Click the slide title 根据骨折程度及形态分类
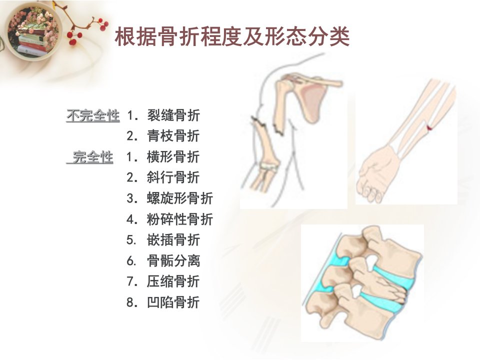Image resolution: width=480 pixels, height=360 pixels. point(232,37)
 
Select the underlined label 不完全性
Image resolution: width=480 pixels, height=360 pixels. point(93,115)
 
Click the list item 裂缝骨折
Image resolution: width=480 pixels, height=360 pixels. point(173,115)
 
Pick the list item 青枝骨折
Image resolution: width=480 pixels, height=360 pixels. point(173,136)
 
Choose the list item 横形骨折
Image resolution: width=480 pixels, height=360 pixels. point(173,156)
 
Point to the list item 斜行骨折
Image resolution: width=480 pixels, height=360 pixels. point(173,177)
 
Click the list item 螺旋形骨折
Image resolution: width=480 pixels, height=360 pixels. point(180,198)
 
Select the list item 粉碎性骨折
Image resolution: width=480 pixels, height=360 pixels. point(180,219)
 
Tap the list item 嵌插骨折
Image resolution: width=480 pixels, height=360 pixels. point(173,239)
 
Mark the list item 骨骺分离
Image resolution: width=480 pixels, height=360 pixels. point(173,261)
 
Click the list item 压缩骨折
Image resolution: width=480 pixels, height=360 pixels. point(173,281)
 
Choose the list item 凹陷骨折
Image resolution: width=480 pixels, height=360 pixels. point(173,302)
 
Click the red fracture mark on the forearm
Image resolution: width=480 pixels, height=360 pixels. point(429,127)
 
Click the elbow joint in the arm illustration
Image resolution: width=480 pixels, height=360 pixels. point(268,166)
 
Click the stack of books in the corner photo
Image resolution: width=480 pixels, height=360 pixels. point(32,42)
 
